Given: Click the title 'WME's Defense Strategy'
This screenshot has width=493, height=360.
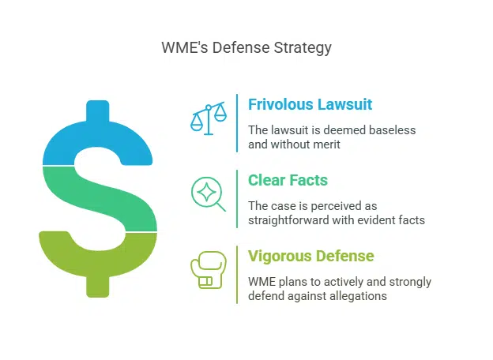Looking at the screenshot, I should pos(246,47).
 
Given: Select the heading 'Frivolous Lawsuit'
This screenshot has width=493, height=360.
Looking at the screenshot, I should pos(310,104).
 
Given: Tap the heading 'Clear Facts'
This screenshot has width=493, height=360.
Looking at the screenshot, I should pos(288,180).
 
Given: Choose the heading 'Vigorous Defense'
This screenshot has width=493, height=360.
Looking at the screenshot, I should pos(311,256).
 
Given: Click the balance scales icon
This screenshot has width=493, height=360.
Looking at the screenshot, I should pos(208,118).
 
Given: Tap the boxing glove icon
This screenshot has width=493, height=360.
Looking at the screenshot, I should pos(208,270).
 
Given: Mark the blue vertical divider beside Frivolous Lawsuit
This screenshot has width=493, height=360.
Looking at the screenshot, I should pos(237,123).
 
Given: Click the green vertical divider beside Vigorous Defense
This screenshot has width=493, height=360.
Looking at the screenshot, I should pos(237,275).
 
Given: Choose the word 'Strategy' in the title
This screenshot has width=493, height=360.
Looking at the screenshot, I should pos(304,47).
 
